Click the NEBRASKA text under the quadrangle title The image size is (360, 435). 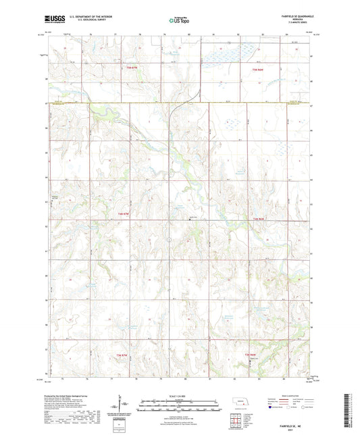(x=296, y=21)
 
